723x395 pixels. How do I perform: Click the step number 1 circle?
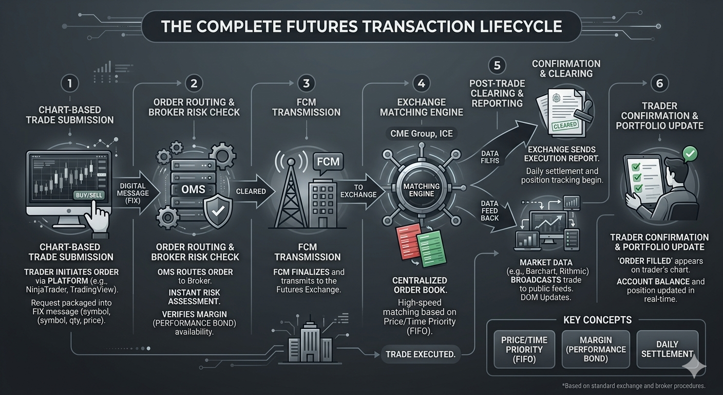point(70,83)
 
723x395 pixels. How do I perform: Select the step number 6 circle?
point(659,83)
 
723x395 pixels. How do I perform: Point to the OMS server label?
point(194,189)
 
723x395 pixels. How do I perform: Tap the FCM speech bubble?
point(328,162)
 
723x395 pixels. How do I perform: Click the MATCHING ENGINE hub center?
point(421,190)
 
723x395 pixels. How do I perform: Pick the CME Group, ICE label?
point(421,134)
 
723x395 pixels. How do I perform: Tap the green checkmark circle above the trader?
point(691,153)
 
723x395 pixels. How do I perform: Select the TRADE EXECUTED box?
point(421,354)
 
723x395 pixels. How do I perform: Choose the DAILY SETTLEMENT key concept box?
point(667,349)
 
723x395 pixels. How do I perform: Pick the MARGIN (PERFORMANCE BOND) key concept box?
point(596,349)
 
